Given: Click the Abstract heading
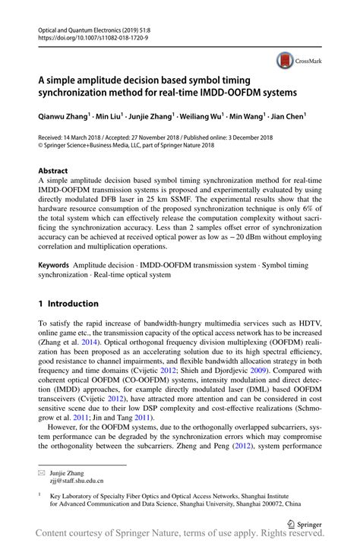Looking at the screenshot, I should point(53,171).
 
